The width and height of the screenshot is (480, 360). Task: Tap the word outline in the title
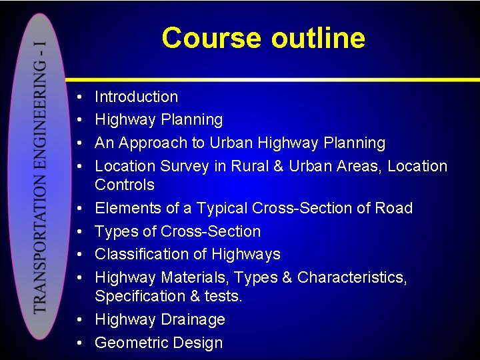click(318, 38)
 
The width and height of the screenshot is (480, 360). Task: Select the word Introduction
click(136, 97)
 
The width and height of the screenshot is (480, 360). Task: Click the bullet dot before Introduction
click(79, 97)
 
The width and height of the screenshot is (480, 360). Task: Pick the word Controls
click(124, 185)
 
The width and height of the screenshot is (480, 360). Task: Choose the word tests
click(224, 296)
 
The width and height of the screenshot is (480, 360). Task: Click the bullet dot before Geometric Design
click(79, 343)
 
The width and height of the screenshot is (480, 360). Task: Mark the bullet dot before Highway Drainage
click(79, 320)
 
